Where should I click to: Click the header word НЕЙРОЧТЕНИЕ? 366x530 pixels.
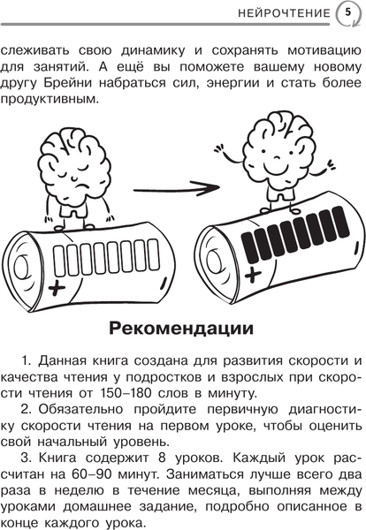pos(284,12)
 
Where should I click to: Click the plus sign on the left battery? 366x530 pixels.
pos(59,288)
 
